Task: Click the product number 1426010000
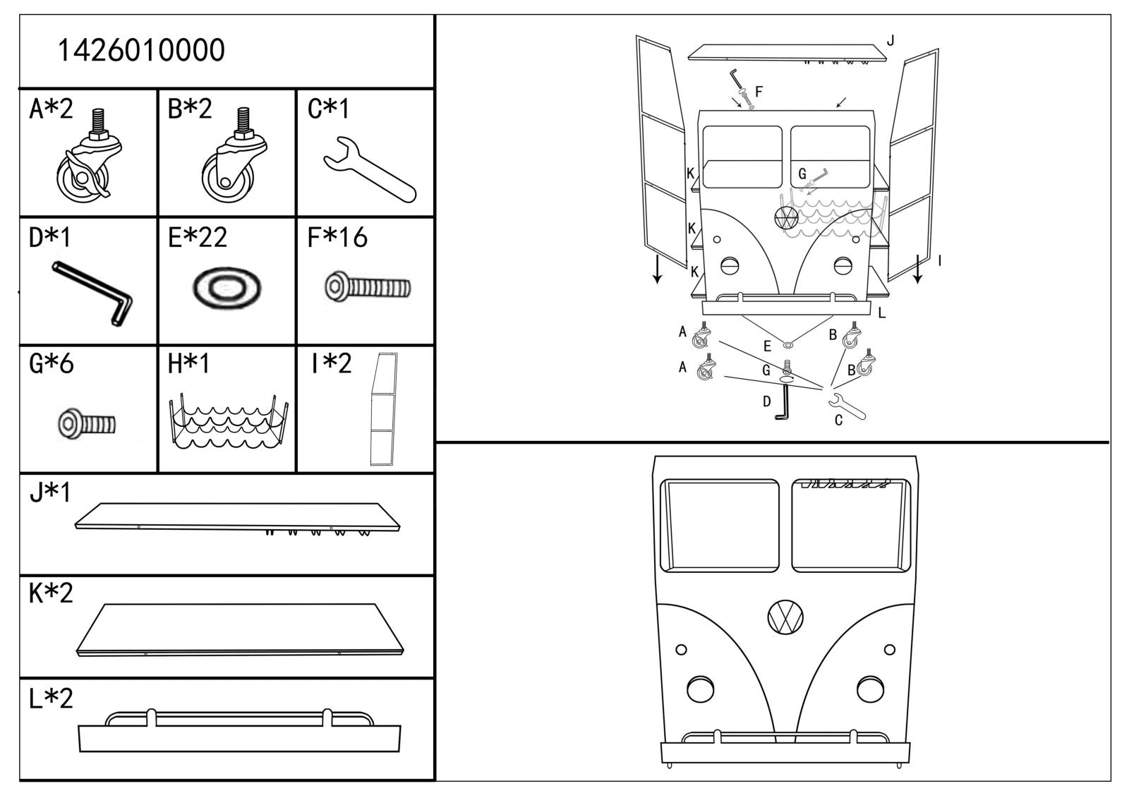click(140, 51)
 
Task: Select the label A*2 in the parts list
click(51, 109)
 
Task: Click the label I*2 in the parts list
click(331, 363)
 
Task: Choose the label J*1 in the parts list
click(50, 492)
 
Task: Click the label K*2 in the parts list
click(51, 593)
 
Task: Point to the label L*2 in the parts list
click(51, 698)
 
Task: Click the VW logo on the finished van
click(785, 617)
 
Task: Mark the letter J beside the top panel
click(890, 41)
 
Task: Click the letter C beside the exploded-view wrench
click(838, 421)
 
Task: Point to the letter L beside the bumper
click(881, 313)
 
